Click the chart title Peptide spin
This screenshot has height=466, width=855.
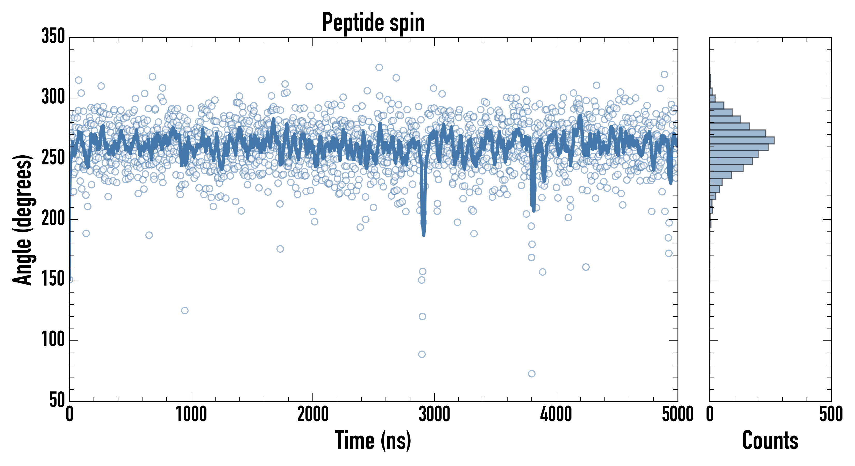(373, 23)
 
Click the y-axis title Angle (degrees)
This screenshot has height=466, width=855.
(22, 219)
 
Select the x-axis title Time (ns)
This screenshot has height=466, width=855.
(373, 440)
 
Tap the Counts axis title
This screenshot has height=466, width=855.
(770, 440)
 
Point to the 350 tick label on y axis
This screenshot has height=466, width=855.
(53, 36)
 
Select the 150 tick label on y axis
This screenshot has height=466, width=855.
(53, 279)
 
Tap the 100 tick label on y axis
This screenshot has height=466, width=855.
(53, 340)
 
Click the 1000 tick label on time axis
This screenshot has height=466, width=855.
(191, 414)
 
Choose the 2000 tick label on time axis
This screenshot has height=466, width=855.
(313, 414)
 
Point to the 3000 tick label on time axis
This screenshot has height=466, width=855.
(434, 414)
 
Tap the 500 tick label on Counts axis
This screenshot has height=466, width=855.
(831, 414)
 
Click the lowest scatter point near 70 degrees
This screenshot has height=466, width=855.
(531, 374)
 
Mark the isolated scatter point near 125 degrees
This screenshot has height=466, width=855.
(185, 310)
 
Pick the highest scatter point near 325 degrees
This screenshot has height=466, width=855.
(379, 67)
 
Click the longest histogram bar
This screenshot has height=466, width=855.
(742, 140)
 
